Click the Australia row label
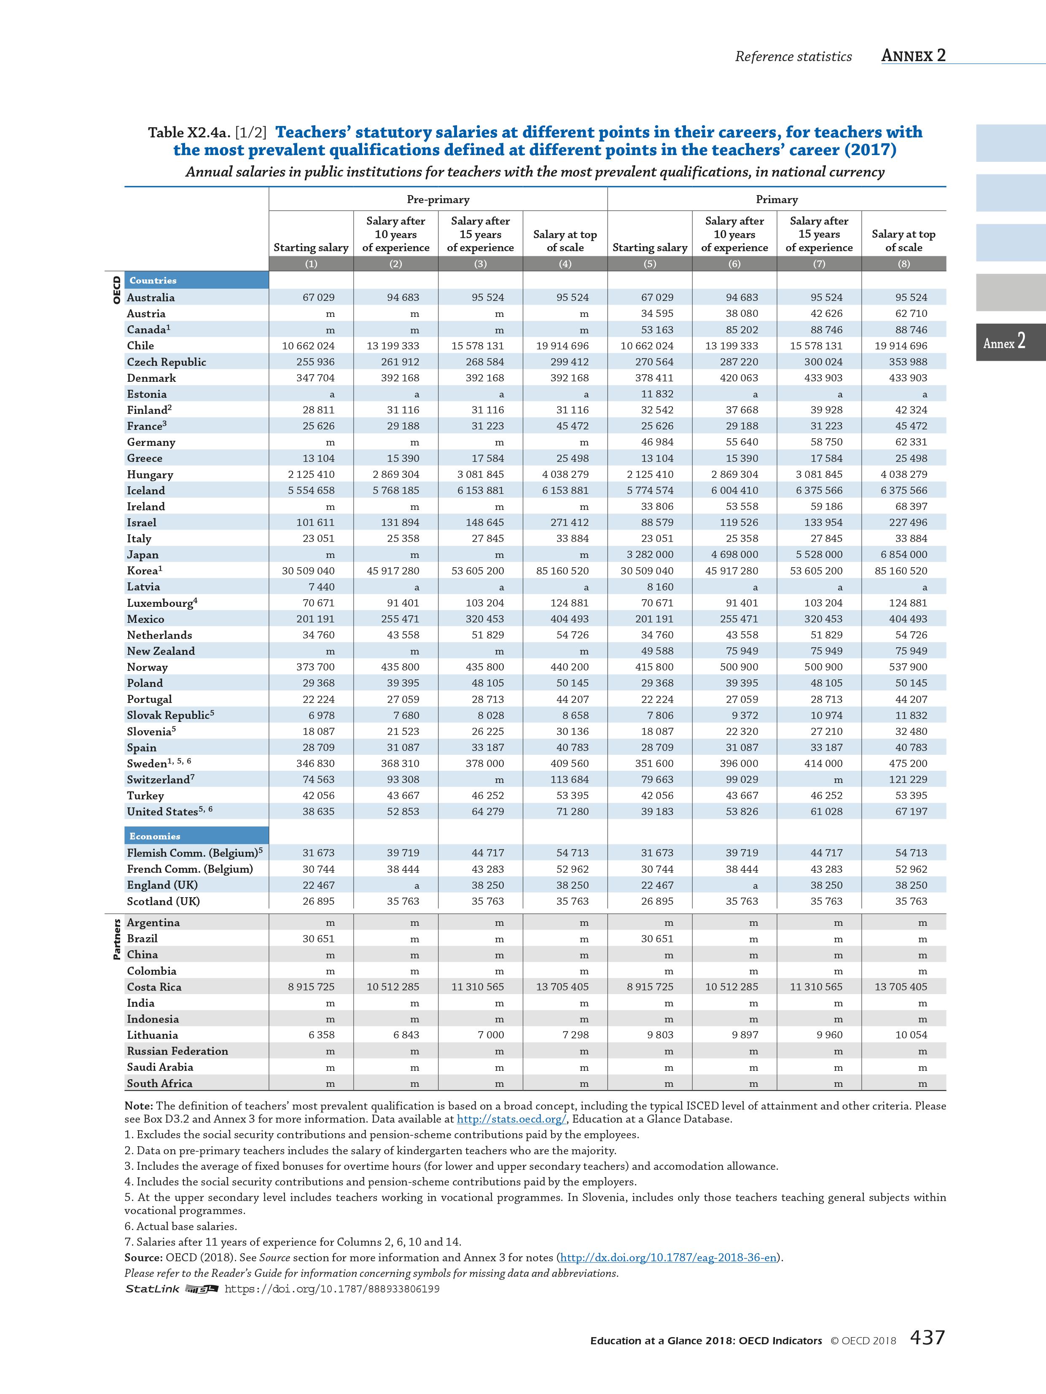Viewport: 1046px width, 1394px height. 151,298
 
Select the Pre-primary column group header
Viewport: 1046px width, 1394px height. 438,199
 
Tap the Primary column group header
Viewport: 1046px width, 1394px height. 776,199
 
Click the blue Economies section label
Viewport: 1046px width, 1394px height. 155,836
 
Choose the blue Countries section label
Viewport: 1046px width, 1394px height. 153,280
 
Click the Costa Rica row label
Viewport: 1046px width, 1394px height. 154,987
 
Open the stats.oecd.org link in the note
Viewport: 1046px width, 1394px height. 511,1119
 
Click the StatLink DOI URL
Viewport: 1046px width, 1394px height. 332,1289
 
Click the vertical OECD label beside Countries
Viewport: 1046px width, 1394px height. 116,290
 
